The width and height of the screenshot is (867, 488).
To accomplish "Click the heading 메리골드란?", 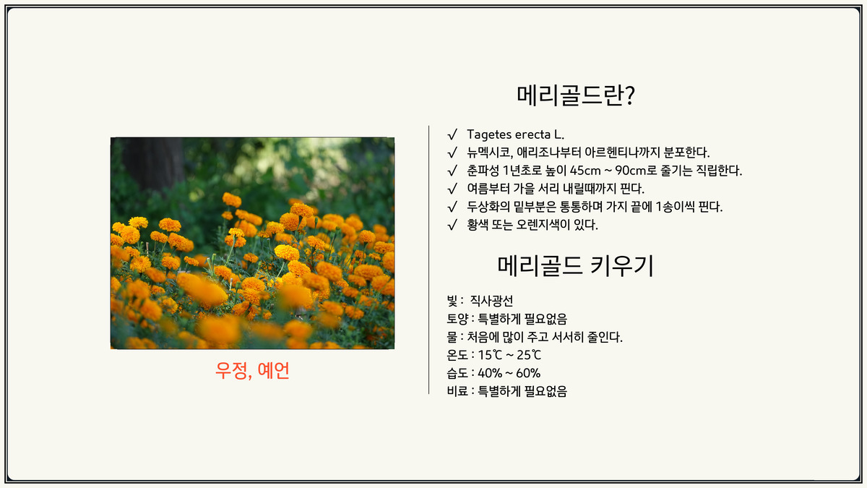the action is pyautogui.click(x=576, y=95).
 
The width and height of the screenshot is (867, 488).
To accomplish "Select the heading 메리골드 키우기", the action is pyautogui.click(x=576, y=266).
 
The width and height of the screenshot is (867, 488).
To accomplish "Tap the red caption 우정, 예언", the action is pyautogui.click(x=252, y=371).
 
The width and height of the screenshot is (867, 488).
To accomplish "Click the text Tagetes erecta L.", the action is pyautogui.click(x=515, y=134).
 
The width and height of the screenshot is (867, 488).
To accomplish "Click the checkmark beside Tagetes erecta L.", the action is pyautogui.click(x=452, y=134).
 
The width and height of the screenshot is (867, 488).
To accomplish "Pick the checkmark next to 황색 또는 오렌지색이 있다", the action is pyautogui.click(x=452, y=225).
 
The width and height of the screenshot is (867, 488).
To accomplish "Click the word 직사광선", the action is pyautogui.click(x=491, y=301).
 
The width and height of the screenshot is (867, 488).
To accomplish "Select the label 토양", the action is pyautogui.click(x=457, y=319).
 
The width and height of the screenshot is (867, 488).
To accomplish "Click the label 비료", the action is pyautogui.click(x=457, y=392).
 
